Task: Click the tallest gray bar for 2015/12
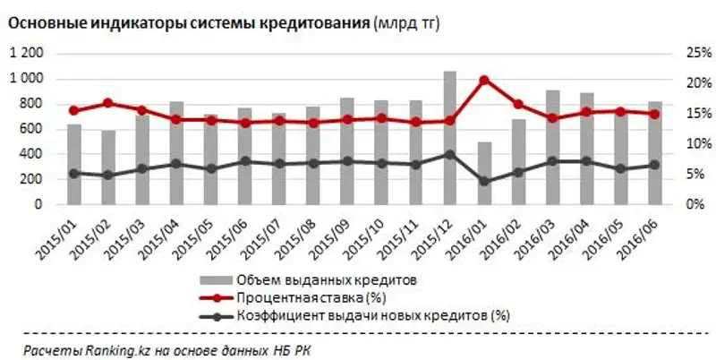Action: [x=449, y=139]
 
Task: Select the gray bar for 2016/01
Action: [x=484, y=175]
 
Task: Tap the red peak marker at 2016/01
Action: [x=484, y=80]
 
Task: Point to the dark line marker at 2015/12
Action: [x=449, y=154]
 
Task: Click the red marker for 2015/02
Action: [x=107, y=103]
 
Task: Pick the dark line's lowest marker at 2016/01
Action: [x=484, y=181]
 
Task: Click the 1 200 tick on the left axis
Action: [x=25, y=54]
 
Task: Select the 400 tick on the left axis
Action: [x=30, y=154]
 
